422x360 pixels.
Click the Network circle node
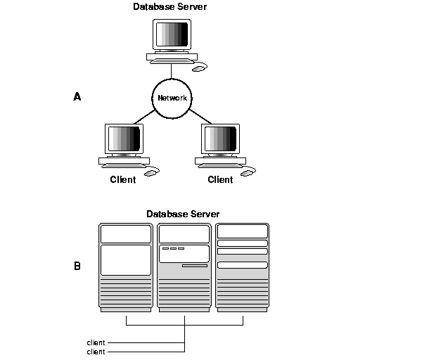(x=172, y=98)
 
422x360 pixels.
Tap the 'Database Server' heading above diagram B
(x=183, y=213)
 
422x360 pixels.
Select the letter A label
(x=77, y=97)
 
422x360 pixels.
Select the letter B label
(x=77, y=266)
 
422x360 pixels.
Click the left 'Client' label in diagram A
(x=122, y=179)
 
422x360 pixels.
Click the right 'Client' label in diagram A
(x=220, y=179)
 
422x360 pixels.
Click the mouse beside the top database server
(x=200, y=68)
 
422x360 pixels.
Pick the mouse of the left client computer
(x=151, y=172)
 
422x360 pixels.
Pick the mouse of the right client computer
(x=247, y=172)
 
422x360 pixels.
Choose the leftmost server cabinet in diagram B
(x=125, y=267)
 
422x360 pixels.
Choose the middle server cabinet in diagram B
(x=184, y=267)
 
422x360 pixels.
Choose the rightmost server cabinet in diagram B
(x=243, y=267)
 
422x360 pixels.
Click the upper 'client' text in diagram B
(x=96, y=342)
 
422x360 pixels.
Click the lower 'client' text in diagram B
(x=96, y=351)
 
